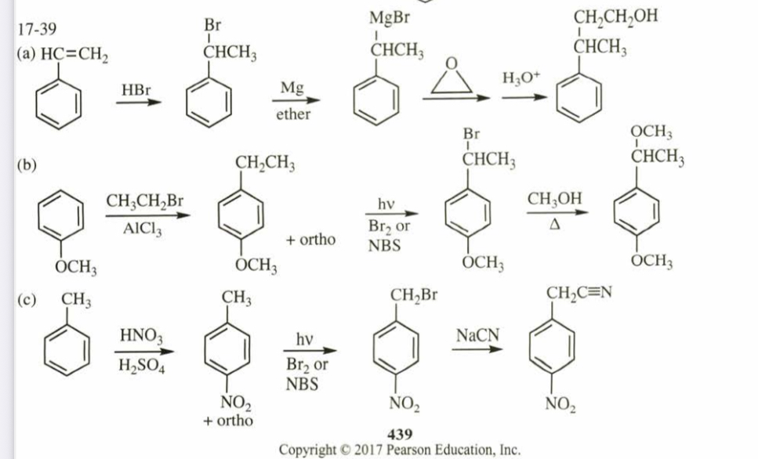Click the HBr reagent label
coord(137,91)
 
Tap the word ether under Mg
coord(293,114)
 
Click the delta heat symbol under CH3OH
coord(555,226)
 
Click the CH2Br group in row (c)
coord(413,295)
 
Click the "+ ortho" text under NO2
coord(228,420)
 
